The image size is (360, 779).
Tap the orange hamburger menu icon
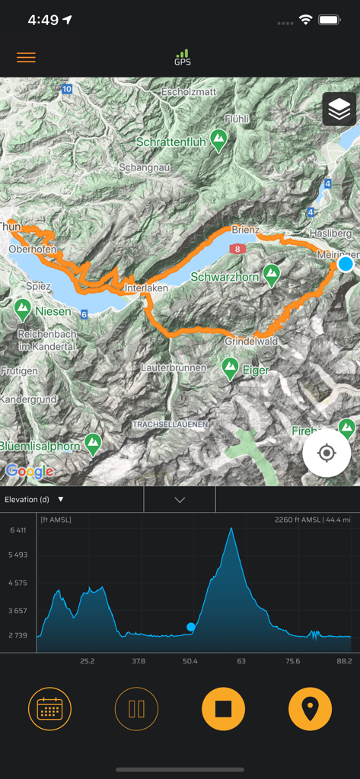pyautogui.click(x=26, y=58)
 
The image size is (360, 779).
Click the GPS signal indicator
pyautogui.click(x=182, y=57)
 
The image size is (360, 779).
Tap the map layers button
pyautogui.click(x=339, y=110)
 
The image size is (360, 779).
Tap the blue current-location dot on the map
pyautogui.click(x=346, y=264)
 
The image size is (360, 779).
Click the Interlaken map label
pyautogui.click(x=149, y=289)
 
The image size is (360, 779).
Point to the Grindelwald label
pyautogui.click(x=251, y=342)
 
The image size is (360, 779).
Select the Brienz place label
pyautogui.click(x=246, y=230)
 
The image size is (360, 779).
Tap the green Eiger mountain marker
pyautogui.click(x=230, y=369)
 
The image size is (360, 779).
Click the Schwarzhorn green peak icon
pyautogui.click(x=271, y=273)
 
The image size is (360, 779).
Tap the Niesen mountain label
pyautogui.click(x=53, y=311)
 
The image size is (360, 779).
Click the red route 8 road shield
pyautogui.click(x=238, y=249)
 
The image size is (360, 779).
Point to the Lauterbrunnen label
pyautogui.click(x=174, y=367)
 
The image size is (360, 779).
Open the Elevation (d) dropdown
pyautogui.click(x=34, y=499)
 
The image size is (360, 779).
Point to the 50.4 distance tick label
pyautogui.click(x=190, y=661)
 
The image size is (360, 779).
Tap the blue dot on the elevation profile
pyautogui.click(x=191, y=627)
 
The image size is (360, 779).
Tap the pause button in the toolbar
pyautogui.click(x=137, y=709)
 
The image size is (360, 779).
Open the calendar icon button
pyautogui.click(x=49, y=709)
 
